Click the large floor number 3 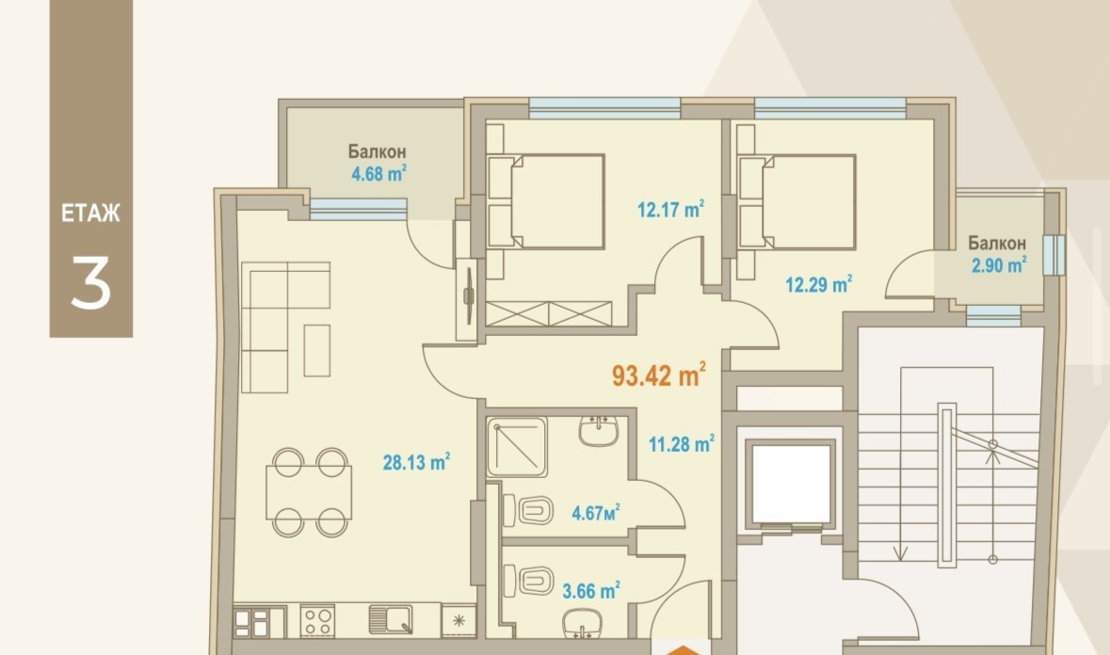click(90, 282)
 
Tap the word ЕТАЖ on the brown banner click(90, 214)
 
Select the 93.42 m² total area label click(658, 375)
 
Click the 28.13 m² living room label click(416, 462)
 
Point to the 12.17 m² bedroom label click(670, 209)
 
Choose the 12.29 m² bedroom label click(818, 284)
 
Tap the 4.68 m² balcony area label click(378, 173)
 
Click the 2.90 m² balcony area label click(999, 265)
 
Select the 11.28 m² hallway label click(682, 443)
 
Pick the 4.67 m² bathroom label click(596, 512)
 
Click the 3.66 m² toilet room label click(591, 590)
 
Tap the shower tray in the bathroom click(517, 447)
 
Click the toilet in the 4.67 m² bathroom click(528, 510)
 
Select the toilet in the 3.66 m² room click(528, 581)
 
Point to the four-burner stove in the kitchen click(316, 621)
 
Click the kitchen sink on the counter click(391, 619)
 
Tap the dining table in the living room click(310, 492)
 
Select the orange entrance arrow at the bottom click(681, 650)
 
